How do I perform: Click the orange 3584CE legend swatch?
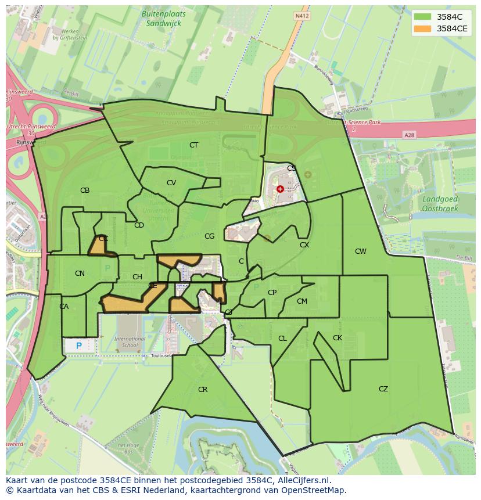click(x=423, y=28)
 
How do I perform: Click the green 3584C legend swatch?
click(x=423, y=16)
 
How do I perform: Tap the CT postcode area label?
click(x=193, y=145)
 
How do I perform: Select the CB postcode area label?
click(x=85, y=190)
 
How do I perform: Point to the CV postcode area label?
click(x=171, y=183)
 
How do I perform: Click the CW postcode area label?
click(x=361, y=251)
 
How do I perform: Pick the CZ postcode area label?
click(x=383, y=389)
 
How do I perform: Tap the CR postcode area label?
click(x=203, y=390)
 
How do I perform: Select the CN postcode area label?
click(x=80, y=274)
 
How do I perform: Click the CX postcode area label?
click(x=304, y=245)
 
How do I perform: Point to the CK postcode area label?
click(x=338, y=338)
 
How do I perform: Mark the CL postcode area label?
click(x=282, y=339)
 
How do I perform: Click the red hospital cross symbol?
click(x=280, y=189)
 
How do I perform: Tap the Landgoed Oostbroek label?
click(x=439, y=203)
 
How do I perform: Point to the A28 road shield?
click(x=410, y=135)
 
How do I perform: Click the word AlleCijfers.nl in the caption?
click(x=303, y=481)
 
